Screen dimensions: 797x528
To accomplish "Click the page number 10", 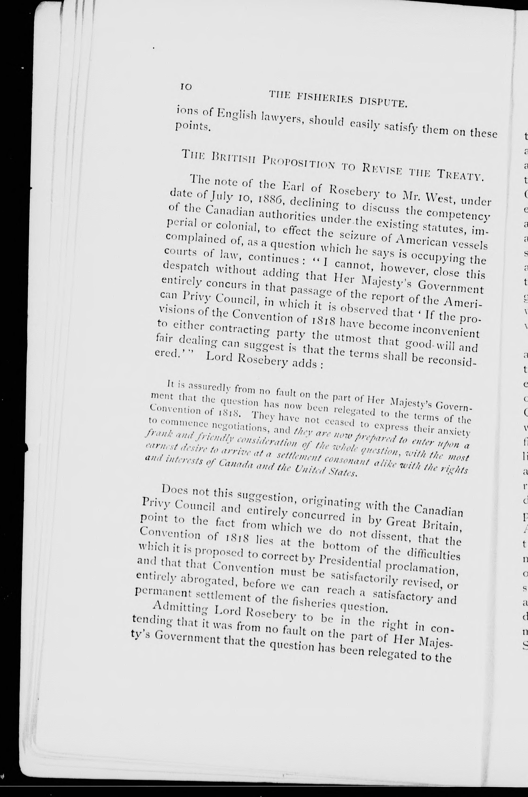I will click(186, 87).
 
